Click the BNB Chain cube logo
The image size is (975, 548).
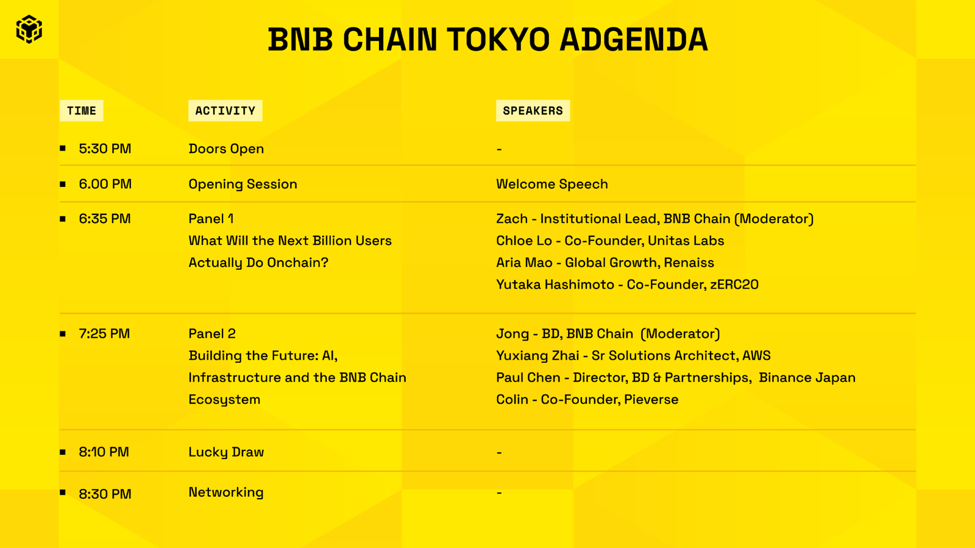click(x=29, y=29)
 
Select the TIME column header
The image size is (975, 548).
click(x=82, y=110)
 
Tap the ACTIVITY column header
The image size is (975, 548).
click(x=225, y=110)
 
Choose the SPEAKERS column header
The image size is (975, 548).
click(x=533, y=110)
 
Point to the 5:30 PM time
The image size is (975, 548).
click(x=105, y=149)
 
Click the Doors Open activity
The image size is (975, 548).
click(x=226, y=149)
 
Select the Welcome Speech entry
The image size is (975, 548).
click(x=552, y=184)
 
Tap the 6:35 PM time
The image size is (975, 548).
click(x=104, y=219)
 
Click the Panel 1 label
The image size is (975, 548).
click(x=211, y=219)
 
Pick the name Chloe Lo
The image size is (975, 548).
click(x=524, y=241)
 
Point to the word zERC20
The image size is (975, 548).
click(x=734, y=284)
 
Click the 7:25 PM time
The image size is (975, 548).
click(x=104, y=334)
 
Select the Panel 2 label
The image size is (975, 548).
click(x=212, y=334)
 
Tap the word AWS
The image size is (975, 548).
click(x=756, y=356)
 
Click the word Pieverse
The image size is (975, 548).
click(x=651, y=399)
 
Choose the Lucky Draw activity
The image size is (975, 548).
click(x=226, y=452)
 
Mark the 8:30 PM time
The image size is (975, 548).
click(x=105, y=494)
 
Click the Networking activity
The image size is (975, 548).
click(x=226, y=493)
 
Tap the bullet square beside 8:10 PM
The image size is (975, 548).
click(x=63, y=452)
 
